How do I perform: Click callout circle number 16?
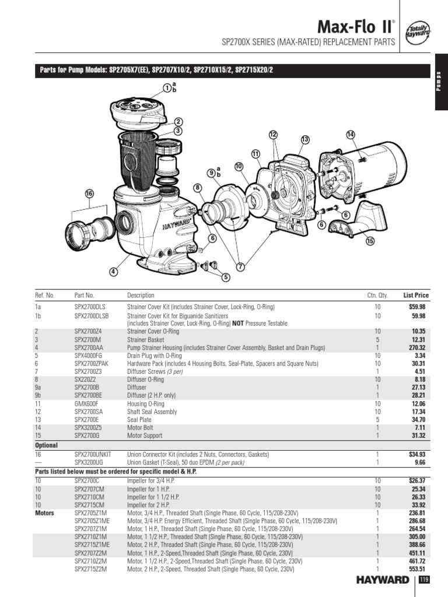[89, 194]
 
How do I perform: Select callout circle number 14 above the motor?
[350, 135]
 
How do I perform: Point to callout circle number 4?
[113, 272]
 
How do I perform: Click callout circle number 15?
[369, 241]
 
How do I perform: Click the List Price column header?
[415, 295]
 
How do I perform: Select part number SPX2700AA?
[89, 346]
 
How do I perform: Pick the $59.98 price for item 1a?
[417, 306]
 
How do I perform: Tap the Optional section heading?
[47, 444]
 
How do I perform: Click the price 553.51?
[418, 568]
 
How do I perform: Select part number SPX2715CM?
[89, 504]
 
